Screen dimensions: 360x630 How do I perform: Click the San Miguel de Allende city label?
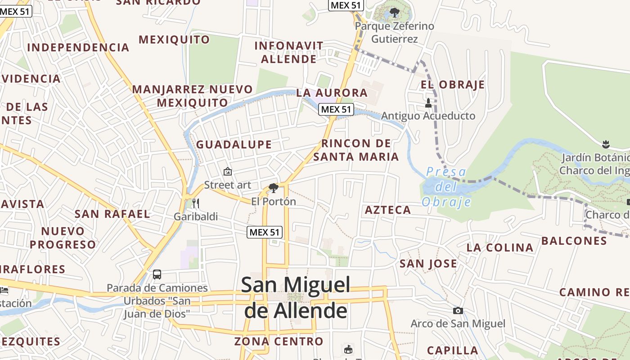click(x=296, y=297)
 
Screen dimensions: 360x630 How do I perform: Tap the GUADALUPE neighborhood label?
click(x=234, y=144)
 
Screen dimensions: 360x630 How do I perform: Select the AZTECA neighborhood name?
click(x=388, y=210)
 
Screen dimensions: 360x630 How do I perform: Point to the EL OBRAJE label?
click(x=453, y=85)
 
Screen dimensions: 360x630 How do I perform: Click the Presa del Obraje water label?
click(x=446, y=187)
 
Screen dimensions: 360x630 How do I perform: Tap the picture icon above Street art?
click(x=228, y=171)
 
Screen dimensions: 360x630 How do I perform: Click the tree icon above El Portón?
click(x=273, y=188)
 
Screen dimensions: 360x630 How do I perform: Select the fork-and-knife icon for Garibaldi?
click(x=195, y=203)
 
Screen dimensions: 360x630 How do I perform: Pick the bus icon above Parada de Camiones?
click(x=157, y=274)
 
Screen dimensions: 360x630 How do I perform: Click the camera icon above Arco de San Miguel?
click(x=458, y=310)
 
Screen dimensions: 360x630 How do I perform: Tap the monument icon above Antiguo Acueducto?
click(x=428, y=103)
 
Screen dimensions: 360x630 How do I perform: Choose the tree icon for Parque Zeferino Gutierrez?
click(x=394, y=13)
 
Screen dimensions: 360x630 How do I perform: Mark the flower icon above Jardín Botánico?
click(x=605, y=144)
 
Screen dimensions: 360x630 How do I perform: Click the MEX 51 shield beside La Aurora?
click(x=336, y=109)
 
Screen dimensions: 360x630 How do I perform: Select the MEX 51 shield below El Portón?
click(x=265, y=232)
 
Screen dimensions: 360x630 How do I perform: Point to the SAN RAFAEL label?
click(x=112, y=214)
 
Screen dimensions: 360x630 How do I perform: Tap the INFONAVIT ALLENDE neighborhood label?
click(x=289, y=52)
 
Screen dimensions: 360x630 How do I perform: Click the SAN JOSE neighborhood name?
click(x=428, y=264)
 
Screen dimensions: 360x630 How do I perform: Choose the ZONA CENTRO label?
click(x=279, y=342)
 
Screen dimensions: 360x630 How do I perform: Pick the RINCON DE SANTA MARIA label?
click(x=356, y=150)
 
